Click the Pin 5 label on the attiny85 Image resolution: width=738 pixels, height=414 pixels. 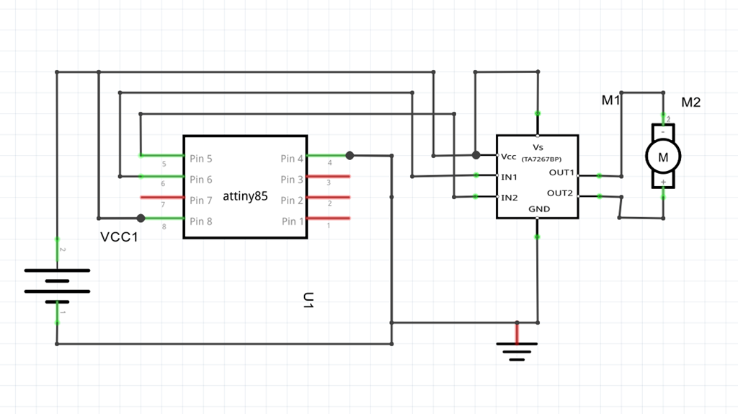pyautogui.click(x=201, y=159)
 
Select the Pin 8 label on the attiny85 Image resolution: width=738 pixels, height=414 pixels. pyautogui.click(x=201, y=221)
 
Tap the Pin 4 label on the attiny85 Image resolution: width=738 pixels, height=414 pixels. pyautogui.click(x=293, y=159)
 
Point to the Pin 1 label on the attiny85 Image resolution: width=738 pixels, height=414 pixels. pyautogui.click(x=293, y=221)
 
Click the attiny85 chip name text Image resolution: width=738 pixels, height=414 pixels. pyautogui.click(x=245, y=195)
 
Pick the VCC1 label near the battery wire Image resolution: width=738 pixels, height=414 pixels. pyautogui.click(x=119, y=237)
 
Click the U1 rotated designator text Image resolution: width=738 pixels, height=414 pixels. pyautogui.click(x=308, y=301)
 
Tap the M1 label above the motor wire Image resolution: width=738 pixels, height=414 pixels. pyautogui.click(x=611, y=101)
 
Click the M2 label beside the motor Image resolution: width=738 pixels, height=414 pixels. pyautogui.click(x=690, y=102)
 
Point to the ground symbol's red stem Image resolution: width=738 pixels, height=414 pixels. pyautogui.click(x=516, y=333)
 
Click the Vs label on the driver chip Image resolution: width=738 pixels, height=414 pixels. pyautogui.click(x=538, y=147)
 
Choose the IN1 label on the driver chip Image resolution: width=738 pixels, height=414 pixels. pyautogui.click(x=510, y=177)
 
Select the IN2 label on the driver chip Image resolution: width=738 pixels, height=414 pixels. pyautogui.click(x=510, y=198)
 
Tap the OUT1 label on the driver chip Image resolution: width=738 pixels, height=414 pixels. pyautogui.click(x=561, y=172)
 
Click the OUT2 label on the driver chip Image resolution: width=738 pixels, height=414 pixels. pyautogui.click(x=560, y=193)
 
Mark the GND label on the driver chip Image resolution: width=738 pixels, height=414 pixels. pyautogui.click(x=539, y=209)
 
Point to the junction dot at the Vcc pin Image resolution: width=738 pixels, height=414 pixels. pyautogui.click(x=476, y=155)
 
